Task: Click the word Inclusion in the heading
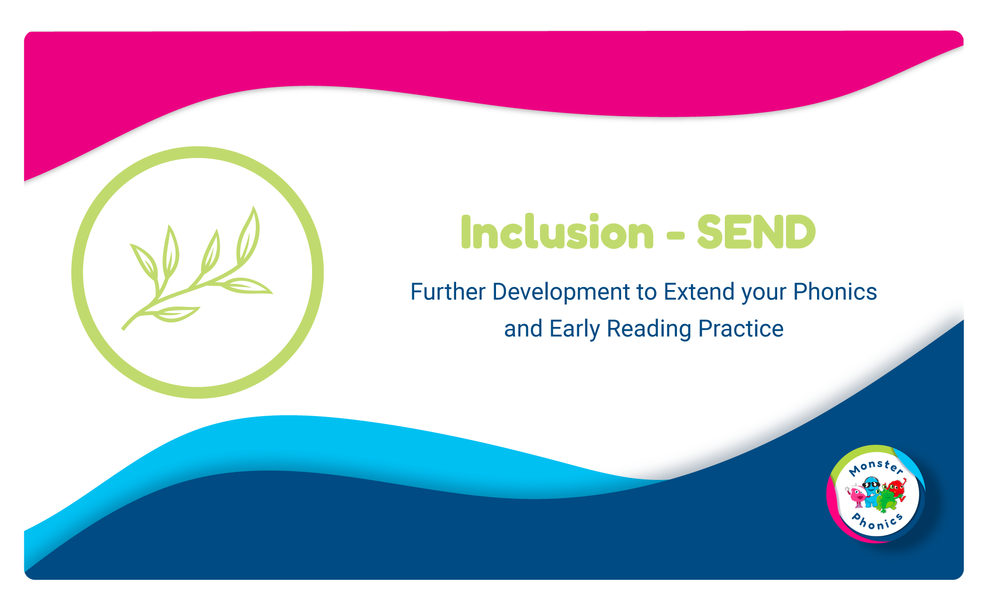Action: [x=557, y=232]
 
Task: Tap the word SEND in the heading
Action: [x=756, y=232]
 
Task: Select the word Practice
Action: [x=741, y=329]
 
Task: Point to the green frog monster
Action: [x=885, y=500]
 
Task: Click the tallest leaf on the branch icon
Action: [x=248, y=234]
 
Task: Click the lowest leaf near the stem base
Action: [x=176, y=314]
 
